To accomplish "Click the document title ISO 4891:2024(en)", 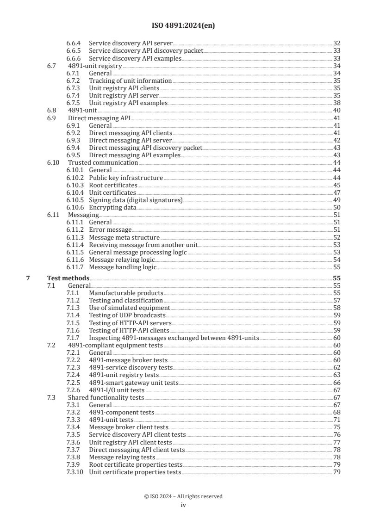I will click(183, 26).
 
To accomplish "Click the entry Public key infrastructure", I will click(126, 178).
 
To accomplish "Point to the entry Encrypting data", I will click(112, 208).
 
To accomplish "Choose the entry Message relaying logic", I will click(122, 260).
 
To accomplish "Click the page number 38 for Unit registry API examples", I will click(337, 103).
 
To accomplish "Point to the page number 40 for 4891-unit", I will click(337, 111).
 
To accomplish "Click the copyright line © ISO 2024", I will click(183, 496).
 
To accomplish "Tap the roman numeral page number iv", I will click(183, 505).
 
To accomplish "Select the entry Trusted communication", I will click(103, 163).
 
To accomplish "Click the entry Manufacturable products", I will click(126, 293).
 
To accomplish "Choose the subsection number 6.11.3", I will click(75, 237).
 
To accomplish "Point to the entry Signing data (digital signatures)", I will click(136, 200).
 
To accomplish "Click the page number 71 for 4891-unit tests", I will click(337, 420).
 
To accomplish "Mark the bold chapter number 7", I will click(28, 278).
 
